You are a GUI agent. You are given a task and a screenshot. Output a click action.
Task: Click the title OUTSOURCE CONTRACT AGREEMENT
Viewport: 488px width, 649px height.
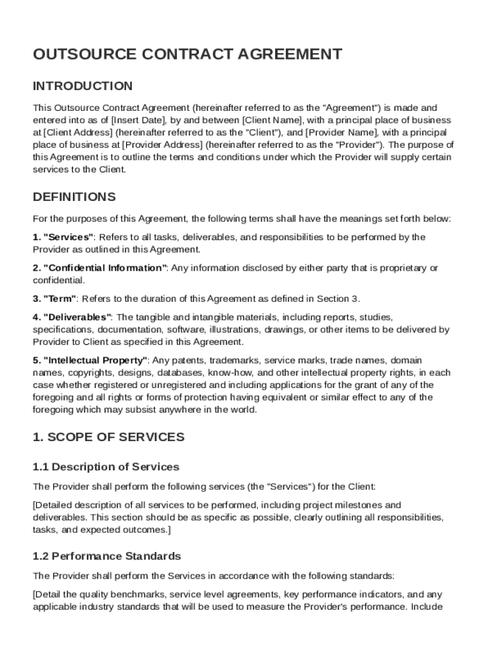click(x=188, y=55)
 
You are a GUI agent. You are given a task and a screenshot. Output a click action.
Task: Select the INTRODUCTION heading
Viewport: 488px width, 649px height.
click(x=83, y=86)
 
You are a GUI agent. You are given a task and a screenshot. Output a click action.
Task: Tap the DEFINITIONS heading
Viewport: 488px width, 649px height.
click(x=74, y=196)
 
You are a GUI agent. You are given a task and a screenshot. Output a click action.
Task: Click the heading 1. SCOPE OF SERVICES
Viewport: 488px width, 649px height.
click(x=108, y=437)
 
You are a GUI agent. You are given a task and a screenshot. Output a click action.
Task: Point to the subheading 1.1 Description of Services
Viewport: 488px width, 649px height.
click(x=106, y=467)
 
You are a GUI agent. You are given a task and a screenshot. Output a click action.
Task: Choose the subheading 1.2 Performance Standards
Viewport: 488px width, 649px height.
click(x=106, y=556)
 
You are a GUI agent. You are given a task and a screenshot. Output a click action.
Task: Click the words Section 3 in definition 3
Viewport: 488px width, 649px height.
click(x=341, y=299)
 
